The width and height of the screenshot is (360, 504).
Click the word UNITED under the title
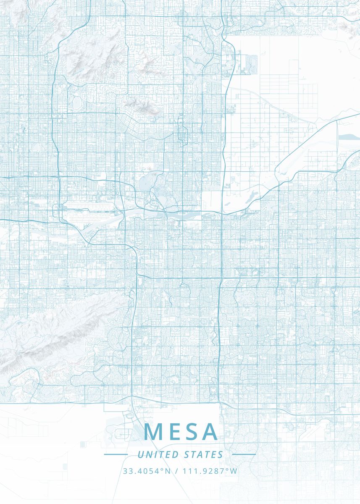pos(158,454)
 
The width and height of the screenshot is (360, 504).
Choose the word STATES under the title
pos(203,454)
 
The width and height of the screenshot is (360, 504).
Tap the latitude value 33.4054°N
pos(147,471)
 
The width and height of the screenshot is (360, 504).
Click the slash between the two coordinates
pos(176,471)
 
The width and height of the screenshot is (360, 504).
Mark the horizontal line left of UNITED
pos(116,454)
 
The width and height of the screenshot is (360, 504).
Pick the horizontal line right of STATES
pos(244,454)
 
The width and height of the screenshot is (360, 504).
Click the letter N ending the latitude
pos(168,471)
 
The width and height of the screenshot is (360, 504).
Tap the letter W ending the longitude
pos(234,471)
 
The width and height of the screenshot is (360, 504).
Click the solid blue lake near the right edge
pos(349,137)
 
